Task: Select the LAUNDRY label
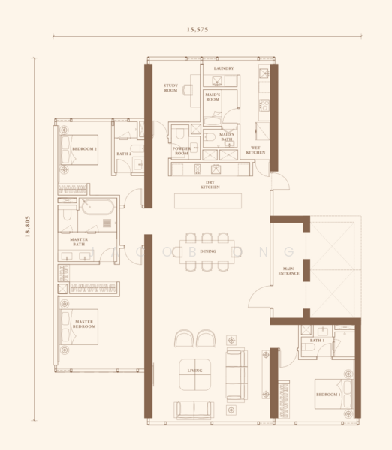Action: click(x=223, y=68)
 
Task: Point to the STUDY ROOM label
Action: click(x=170, y=88)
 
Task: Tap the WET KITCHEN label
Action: click(x=255, y=150)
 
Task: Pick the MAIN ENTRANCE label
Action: click(x=291, y=271)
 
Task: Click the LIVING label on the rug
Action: click(x=196, y=370)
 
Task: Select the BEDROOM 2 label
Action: click(x=84, y=149)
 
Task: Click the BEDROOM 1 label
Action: click(x=328, y=394)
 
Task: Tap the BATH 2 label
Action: click(x=123, y=154)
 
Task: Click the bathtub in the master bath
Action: click(x=98, y=207)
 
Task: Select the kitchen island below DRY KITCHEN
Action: click(x=208, y=202)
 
